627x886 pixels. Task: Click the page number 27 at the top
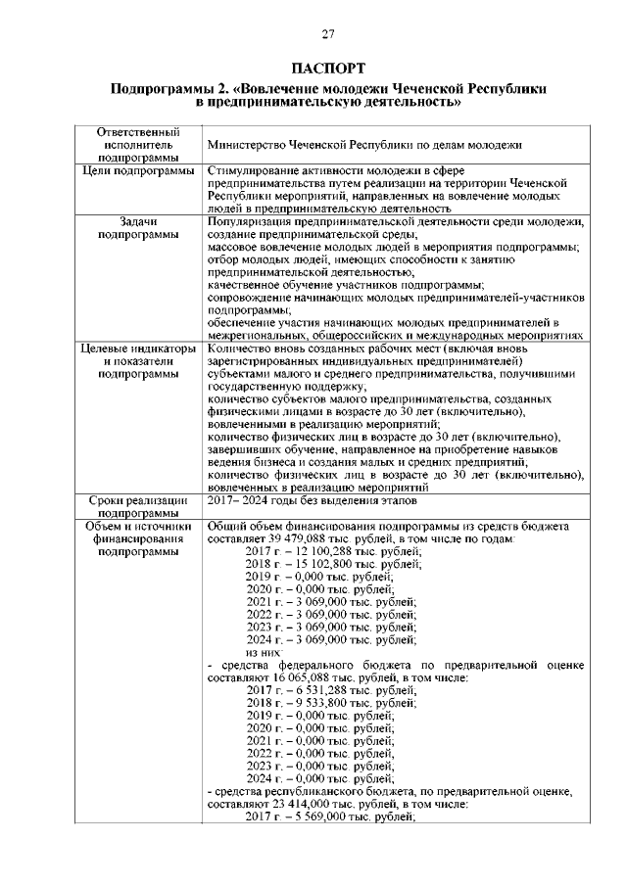tap(328, 35)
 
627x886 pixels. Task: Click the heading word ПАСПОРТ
tap(328, 68)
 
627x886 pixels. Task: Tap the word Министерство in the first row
tap(248, 145)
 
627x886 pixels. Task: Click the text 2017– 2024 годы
tap(257, 500)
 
